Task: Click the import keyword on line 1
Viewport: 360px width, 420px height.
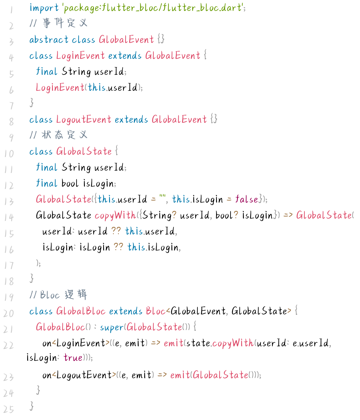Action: pyautogui.click(x=44, y=8)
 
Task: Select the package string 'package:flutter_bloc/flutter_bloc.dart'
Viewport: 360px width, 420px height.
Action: pyautogui.click(x=153, y=8)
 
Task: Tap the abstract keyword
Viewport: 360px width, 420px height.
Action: pyautogui.click(x=49, y=40)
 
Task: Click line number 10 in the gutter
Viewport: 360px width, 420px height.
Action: pyautogui.click(x=9, y=154)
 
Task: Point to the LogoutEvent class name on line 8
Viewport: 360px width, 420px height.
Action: pyautogui.click(x=84, y=119)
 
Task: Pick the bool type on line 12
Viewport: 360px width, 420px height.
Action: pyautogui.click(x=70, y=183)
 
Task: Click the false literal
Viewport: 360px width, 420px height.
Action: pyautogui.click(x=247, y=199)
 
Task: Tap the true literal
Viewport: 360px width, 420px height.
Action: pyautogui.click(x=73, y=358)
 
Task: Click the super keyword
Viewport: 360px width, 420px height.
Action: pyautogui.click(x=112, y=327)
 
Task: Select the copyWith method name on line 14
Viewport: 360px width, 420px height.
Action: pyautogui.click(x=115, y=215)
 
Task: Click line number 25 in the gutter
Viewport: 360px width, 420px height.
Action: pyautogui.click(x=9, y=409)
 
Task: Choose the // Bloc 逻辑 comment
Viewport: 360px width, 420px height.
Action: pyautogui.click(x=58, y=295)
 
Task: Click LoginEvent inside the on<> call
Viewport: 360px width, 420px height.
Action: pyautogui.click(x=81, y=343)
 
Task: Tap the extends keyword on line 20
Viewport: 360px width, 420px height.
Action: pyautogui.click(x=126, y=311)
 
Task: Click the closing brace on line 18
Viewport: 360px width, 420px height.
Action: pyautogui.click(x=32, y=278)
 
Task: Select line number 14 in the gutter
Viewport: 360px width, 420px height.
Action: pyautogui.click(x=9, y=217)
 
